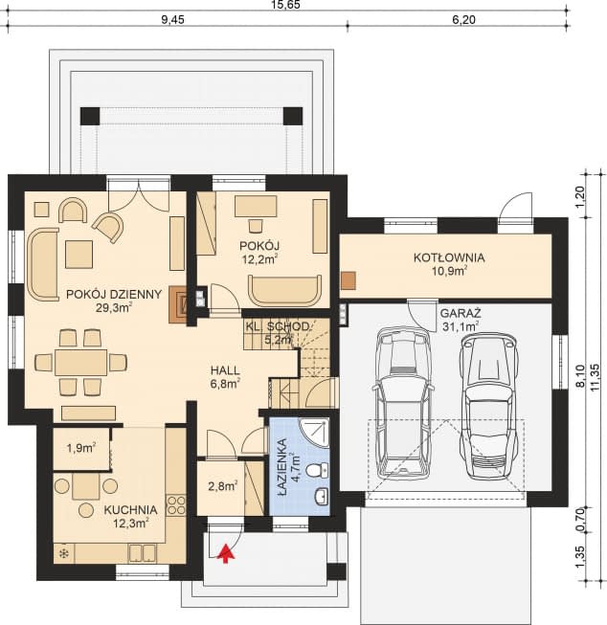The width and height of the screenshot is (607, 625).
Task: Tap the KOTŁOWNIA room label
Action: [448, 257]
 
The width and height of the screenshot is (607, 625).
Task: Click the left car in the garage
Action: [402, 402]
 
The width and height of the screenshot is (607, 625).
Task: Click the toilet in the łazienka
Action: [323, 469]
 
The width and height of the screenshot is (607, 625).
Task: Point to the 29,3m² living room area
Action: [112, 307]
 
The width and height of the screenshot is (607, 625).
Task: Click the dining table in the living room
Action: [80, 362]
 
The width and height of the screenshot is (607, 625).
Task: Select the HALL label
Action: [225, 369]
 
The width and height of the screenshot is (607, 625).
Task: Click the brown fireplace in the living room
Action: [179, 301]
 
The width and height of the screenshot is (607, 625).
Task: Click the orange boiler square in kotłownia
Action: [348, 281]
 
